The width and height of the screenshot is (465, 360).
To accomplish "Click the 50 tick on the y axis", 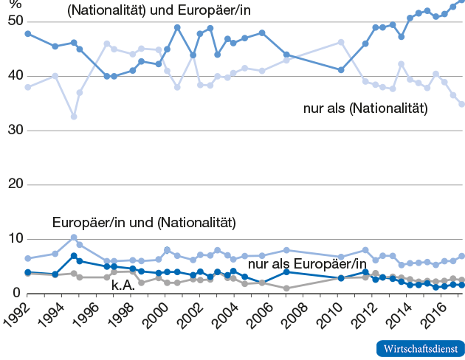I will click(11, 21).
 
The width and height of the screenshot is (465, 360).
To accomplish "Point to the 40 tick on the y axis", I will click(11, 76).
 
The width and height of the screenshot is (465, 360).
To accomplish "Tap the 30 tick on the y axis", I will click(11, 131).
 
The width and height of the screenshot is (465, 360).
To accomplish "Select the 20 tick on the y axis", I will click(11, 184).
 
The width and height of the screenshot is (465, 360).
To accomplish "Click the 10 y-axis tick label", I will click(11, 239).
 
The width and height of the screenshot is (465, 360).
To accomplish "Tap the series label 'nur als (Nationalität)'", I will click(365, 108).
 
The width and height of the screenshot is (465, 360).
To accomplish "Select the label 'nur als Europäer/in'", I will click(307, 264).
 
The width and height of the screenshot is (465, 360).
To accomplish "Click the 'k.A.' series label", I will click(123, 285).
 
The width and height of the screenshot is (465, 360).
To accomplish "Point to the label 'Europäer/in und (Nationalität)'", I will click(143, 222).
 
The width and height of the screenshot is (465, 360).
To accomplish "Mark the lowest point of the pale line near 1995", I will click(74, 117).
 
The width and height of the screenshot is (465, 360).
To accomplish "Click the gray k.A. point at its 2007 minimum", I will click(286, 288).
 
